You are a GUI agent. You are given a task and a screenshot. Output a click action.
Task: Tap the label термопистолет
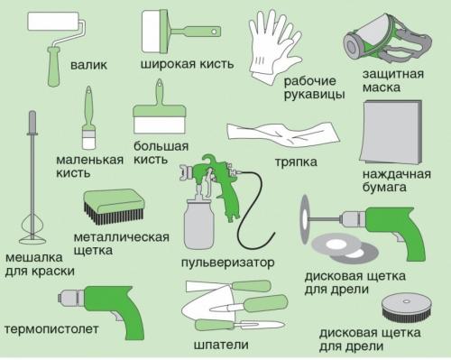[51, 328]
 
